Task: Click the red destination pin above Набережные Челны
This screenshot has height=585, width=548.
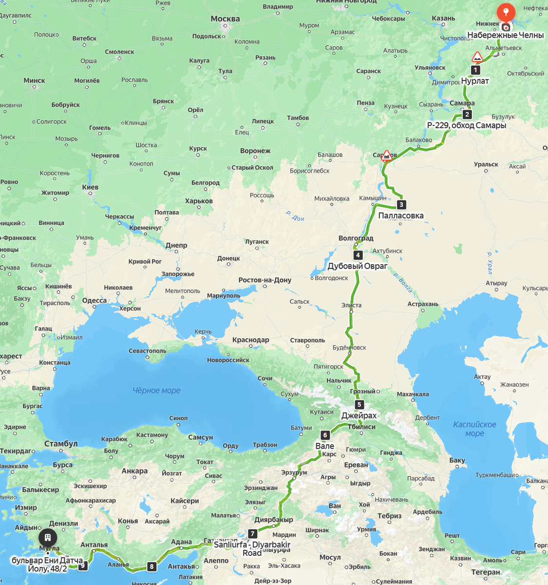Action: pos(506,12)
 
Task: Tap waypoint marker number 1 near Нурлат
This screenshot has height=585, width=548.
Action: pos(475,70)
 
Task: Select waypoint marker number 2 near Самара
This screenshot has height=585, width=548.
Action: pos(467,115)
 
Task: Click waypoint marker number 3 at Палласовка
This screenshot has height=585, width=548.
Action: pos(401,205)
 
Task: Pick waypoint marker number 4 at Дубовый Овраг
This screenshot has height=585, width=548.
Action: pos(358,255)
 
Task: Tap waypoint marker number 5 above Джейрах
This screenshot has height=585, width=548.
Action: pos(359,405)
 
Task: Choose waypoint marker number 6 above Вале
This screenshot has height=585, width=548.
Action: pos(325,435)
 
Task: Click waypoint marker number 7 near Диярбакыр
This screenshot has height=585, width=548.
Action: pos(252,534)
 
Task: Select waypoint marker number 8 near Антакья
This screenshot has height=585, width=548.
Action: pos(152,566)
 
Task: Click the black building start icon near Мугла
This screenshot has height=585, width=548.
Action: pos(48,538)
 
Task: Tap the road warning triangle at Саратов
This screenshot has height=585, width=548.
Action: pos(387,156)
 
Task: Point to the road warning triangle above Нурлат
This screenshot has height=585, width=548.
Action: pos(477,58)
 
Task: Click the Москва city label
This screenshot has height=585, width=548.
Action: pos(225,19)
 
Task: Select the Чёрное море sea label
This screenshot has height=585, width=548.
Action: pos(156,390)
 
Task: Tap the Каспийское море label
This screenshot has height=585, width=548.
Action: pos(474,429)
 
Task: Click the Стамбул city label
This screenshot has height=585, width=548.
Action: pos(61,444)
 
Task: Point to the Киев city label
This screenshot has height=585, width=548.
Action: pos(90,187)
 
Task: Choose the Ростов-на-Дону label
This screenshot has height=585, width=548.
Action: pos(265,280)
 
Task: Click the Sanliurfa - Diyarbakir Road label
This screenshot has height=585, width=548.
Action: pos(252,548)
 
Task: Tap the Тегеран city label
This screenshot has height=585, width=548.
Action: pos(485,572)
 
